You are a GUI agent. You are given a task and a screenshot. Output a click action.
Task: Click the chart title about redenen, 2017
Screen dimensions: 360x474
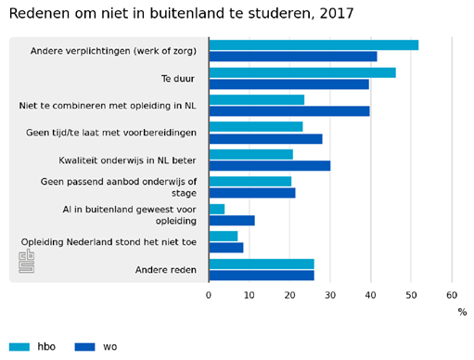click(181, 14)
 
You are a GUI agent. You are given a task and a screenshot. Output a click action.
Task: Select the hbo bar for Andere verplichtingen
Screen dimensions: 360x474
click(314, 45)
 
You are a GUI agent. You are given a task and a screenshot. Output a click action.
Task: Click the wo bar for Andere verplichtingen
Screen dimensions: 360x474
click(293, 57)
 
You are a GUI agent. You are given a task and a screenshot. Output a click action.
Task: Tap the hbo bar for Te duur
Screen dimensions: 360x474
click(302, 72)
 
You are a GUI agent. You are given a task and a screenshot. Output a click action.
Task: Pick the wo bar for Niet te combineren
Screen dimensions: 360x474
click(289, 111)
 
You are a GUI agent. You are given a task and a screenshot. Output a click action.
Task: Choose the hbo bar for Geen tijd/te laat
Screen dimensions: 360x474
click(255, 126)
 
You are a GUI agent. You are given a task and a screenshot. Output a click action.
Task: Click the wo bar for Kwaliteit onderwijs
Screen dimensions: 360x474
click(269, 166)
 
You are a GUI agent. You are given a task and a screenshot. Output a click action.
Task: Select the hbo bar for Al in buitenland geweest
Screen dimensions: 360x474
click(217, 209)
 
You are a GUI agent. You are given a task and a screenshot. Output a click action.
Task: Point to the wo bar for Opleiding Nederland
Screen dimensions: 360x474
click(226, 248)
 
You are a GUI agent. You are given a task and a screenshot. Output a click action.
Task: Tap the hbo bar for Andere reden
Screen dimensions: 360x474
click(262, 264)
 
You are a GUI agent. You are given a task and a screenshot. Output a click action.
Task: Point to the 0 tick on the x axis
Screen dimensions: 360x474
click(209, 294)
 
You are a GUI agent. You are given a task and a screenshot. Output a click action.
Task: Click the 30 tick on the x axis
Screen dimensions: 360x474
click(330, 294)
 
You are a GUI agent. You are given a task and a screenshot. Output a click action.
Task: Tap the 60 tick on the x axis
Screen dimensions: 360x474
click(452, 294)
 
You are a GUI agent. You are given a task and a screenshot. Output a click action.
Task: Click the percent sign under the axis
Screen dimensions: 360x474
click(462, 313)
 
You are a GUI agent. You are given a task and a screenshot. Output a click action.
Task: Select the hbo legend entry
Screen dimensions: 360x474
click(34, 347)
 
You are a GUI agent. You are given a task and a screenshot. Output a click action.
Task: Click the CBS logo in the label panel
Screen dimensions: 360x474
click(27, 261)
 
